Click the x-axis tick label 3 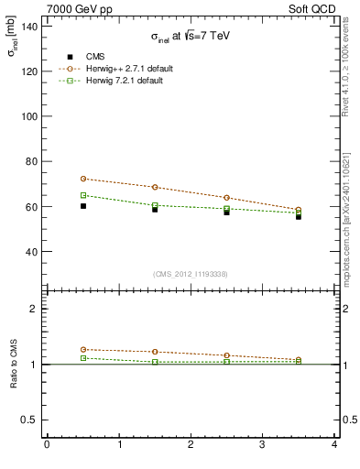(262, 445)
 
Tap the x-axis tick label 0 (47, 445)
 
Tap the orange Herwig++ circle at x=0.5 (82, 179)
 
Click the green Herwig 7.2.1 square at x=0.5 (82, 195)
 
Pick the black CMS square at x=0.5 (82, 206)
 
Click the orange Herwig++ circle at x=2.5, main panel (226, 198)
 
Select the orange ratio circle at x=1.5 (155, 352)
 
